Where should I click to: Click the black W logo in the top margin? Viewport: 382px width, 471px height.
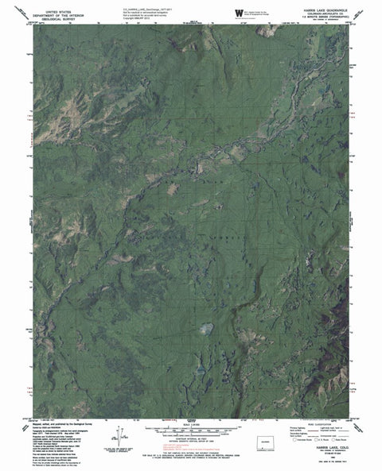[x=238, y=11]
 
